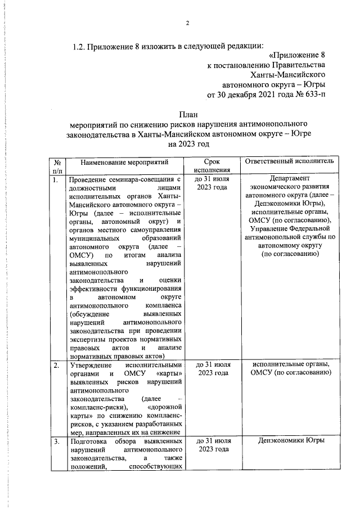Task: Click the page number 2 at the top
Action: (188, 22)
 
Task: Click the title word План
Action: (188, 114)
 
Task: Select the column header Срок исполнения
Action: (211, 165)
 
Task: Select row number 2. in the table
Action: (56, 366)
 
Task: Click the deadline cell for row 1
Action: (211, 183)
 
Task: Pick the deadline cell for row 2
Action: (211, 369)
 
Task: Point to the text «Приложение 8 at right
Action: (297, 55)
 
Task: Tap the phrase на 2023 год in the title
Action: (188, 145)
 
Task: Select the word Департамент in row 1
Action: (290, 180)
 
